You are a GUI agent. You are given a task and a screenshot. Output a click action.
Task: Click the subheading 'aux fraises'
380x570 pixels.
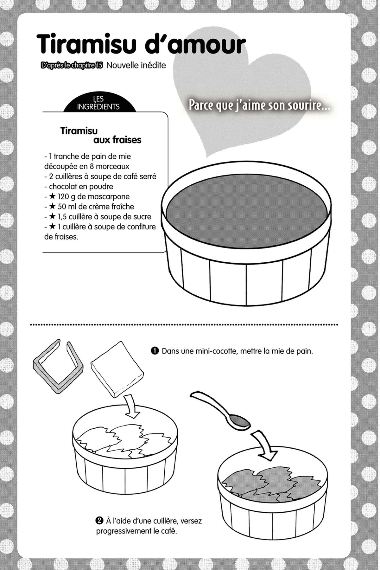coord(117,140)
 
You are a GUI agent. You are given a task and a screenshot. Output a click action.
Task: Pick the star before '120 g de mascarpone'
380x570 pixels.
coord(53,196)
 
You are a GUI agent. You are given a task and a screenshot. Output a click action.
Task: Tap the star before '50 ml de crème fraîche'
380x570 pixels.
coord(53,207)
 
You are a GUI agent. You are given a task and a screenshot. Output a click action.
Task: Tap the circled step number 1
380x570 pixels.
coord(155,351)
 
